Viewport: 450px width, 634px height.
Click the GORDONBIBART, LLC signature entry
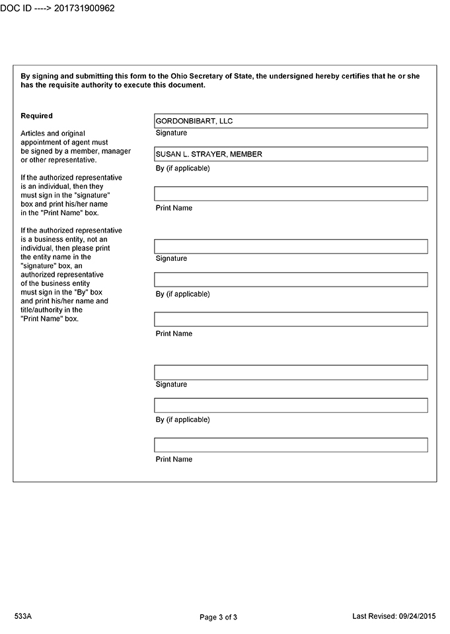point(194,121)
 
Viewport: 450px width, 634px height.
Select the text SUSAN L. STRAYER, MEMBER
point(209,154)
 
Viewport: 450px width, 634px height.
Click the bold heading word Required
point(37,116)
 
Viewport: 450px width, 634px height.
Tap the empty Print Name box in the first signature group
point(291,194)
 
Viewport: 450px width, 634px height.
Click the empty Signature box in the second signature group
point(291,246)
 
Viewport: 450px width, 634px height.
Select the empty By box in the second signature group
point(291,279)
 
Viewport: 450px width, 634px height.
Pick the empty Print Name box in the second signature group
point(291,319)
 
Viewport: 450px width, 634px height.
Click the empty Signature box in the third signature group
point(291,372)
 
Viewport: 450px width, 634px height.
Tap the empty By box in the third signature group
point(291,405)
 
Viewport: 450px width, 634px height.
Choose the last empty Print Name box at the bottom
point(291,445)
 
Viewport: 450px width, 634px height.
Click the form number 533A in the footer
point(23,616)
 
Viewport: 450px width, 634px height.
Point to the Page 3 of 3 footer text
point(218,617)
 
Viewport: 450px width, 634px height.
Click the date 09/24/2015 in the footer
point(418,616)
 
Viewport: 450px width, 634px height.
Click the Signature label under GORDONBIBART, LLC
point(171,133)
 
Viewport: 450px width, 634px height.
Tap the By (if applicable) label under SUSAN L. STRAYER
point(182,168)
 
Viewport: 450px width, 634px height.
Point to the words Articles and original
point(53,133)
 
